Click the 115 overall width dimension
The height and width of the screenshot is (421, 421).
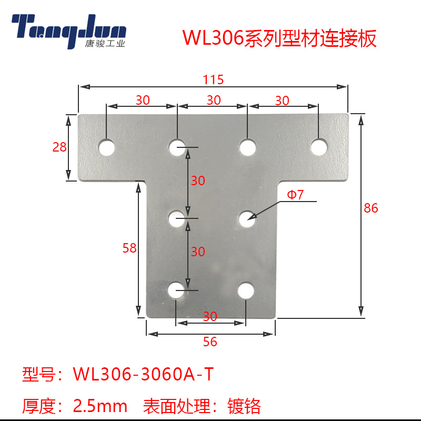click(x=213, y=80)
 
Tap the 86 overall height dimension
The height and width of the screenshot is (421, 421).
click(x=371, y=208)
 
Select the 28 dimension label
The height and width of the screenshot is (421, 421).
click(x=59, y=147)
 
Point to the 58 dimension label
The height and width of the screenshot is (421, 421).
click(x=129, y=248)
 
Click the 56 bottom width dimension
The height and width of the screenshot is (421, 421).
click(x=210, y=342)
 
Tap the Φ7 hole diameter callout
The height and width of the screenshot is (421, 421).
click(x=295, y=195)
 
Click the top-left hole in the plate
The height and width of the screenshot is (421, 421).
click(x=107, y=147)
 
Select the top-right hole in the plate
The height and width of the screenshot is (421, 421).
click(x=318, y=147)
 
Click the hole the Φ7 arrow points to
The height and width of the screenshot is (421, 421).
click(x=246, y=218)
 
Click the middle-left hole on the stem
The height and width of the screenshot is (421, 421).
click(x=176, y=218)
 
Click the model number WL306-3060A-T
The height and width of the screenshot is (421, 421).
click(x=144, y=375)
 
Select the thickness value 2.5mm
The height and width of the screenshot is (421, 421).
click(x=100, y=406)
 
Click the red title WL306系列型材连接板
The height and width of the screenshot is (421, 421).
click(x=279, y=39)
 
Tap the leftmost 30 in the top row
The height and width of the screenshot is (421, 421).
click(x=142, y=100)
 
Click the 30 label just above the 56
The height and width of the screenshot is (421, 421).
click(x=210, y=316)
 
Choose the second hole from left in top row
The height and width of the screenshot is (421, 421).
click(x=177, y=147)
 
